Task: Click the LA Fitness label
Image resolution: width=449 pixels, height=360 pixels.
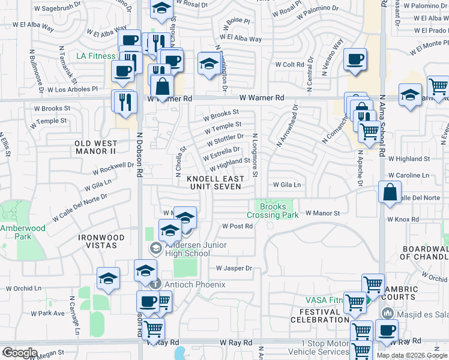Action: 95,56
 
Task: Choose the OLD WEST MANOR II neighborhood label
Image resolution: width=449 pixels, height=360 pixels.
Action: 96,148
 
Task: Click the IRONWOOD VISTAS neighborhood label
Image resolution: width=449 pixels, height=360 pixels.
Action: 101,242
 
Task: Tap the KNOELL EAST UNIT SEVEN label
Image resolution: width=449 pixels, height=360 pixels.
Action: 215,183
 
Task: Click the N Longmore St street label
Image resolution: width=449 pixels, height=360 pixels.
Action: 255,155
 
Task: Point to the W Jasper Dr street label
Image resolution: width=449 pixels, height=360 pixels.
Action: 234,268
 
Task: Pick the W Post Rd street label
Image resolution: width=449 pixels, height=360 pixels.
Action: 237,226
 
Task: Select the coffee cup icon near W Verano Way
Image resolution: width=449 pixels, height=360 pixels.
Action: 355,59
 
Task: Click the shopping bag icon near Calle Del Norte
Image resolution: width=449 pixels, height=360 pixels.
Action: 390,192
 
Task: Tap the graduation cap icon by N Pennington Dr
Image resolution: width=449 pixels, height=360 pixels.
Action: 208,64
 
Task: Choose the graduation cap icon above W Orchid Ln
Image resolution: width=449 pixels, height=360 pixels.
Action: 108,278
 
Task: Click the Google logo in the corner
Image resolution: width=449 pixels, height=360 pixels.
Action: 19,353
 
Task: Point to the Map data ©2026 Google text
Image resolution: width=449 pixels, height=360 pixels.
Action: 411,355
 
